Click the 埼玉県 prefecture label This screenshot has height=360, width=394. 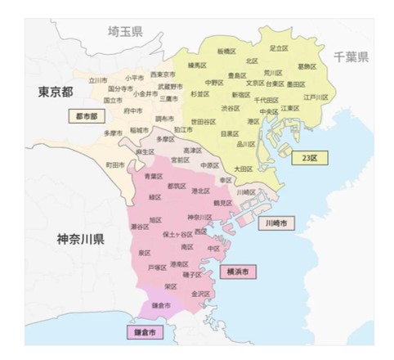126,31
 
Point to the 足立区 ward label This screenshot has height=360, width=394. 280,48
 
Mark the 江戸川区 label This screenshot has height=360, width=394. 316,97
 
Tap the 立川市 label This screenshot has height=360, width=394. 98,80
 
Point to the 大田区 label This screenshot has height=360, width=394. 244,169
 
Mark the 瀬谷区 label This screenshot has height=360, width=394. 140,225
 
